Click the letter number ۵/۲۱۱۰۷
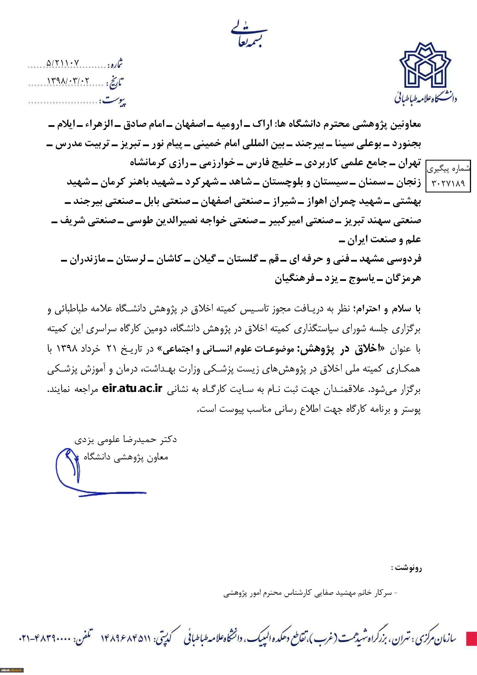click(x=63, y=63)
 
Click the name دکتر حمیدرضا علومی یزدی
click(x=126, y=440)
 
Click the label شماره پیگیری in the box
click(x=448, y=169)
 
